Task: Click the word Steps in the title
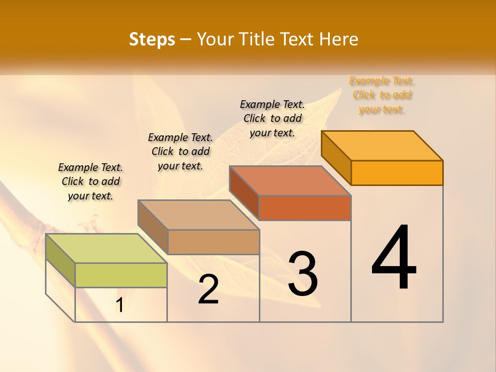152,39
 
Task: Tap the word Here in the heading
339,39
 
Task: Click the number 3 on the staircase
303,274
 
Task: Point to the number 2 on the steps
208,289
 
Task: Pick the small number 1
119,305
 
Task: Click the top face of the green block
106,249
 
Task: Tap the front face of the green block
121,275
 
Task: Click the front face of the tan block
213,242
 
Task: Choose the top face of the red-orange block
290,181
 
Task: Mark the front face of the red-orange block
305,208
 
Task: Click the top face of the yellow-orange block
382,146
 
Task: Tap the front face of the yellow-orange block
397,173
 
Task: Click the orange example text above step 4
382,95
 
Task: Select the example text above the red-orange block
272,118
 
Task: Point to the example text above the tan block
180,151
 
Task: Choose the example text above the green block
90,181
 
